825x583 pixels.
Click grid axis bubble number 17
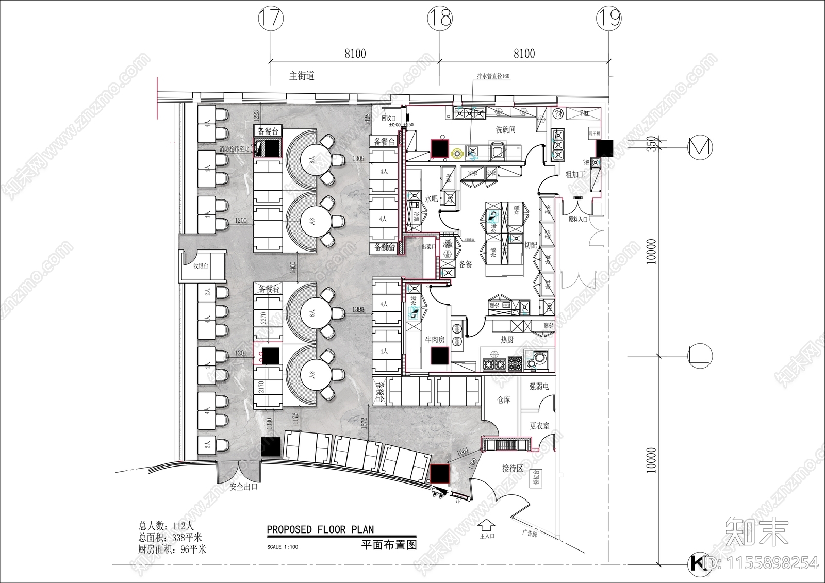click(271, 19)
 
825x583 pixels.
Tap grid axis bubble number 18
click(440, 19)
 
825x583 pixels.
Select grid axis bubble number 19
click(608, 19)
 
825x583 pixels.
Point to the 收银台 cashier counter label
click(201, 266)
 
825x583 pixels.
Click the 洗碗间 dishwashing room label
click(505, 130)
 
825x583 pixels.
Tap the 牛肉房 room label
click(434, 340)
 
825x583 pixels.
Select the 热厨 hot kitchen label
click(507, 340)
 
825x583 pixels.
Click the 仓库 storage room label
click(504, 400)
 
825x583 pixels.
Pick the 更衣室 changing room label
click(539, 426)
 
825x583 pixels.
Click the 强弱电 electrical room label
click(539, 386)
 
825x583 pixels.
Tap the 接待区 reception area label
click(513, 469)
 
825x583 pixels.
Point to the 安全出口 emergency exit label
click(243, 487)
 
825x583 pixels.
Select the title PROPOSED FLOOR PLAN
click(320, 529)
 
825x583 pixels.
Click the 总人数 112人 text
click(166, 526)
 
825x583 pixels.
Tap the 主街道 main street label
click(302, 76)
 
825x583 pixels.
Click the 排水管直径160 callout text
click(493, 76)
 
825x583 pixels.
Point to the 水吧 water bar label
click(432, 198)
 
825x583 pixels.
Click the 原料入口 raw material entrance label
click(578, 220)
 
